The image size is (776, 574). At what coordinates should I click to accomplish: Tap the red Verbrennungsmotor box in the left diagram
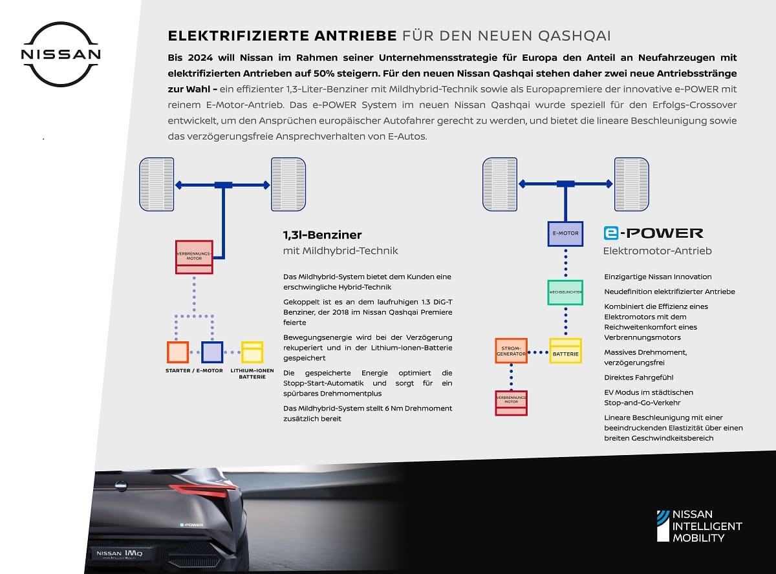click(x=194, y=257)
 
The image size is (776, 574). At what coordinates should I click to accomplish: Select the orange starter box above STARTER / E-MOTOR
click(x=178, y=352)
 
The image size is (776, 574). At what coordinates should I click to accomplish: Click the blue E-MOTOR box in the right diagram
click(x=565, y=233)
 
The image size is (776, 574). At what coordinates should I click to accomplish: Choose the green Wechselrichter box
click(x=565, y=293)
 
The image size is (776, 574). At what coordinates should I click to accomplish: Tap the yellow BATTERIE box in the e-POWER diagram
click(x=566, y=351)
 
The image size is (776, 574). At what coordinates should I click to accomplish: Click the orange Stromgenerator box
click(x=512, y=351)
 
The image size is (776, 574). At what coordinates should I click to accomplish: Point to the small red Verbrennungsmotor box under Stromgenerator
click(x=512, y=403)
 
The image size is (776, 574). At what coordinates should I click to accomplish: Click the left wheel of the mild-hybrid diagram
click(x=156, y=184)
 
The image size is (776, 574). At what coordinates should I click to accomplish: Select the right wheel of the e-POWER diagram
click(x=631, y=184)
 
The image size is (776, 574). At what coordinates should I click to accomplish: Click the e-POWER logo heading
click(x=653, y=233)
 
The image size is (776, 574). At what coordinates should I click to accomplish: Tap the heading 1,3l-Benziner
click(x=322, y=235)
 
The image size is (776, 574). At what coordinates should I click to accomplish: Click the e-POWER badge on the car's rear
click(x=191, y=525)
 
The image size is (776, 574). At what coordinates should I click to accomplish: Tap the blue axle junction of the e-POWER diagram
click(x=566, y=184)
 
